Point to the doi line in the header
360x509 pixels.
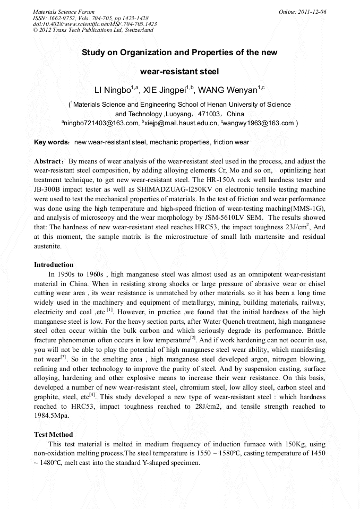pyautogui.click(x=95, y=24)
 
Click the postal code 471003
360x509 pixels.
pyautogui.click(x=209, y=114)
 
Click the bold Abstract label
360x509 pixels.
pyautogui.click(x=49, y=161)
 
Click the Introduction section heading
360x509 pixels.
pyautogui.click(x=54, y=264)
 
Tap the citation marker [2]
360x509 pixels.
pyautogui.click(x=193, y=338)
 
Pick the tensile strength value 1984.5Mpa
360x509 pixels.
pyautogui.click(x=52, y=416)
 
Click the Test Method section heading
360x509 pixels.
pyautogui.click(x=54, y=434)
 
